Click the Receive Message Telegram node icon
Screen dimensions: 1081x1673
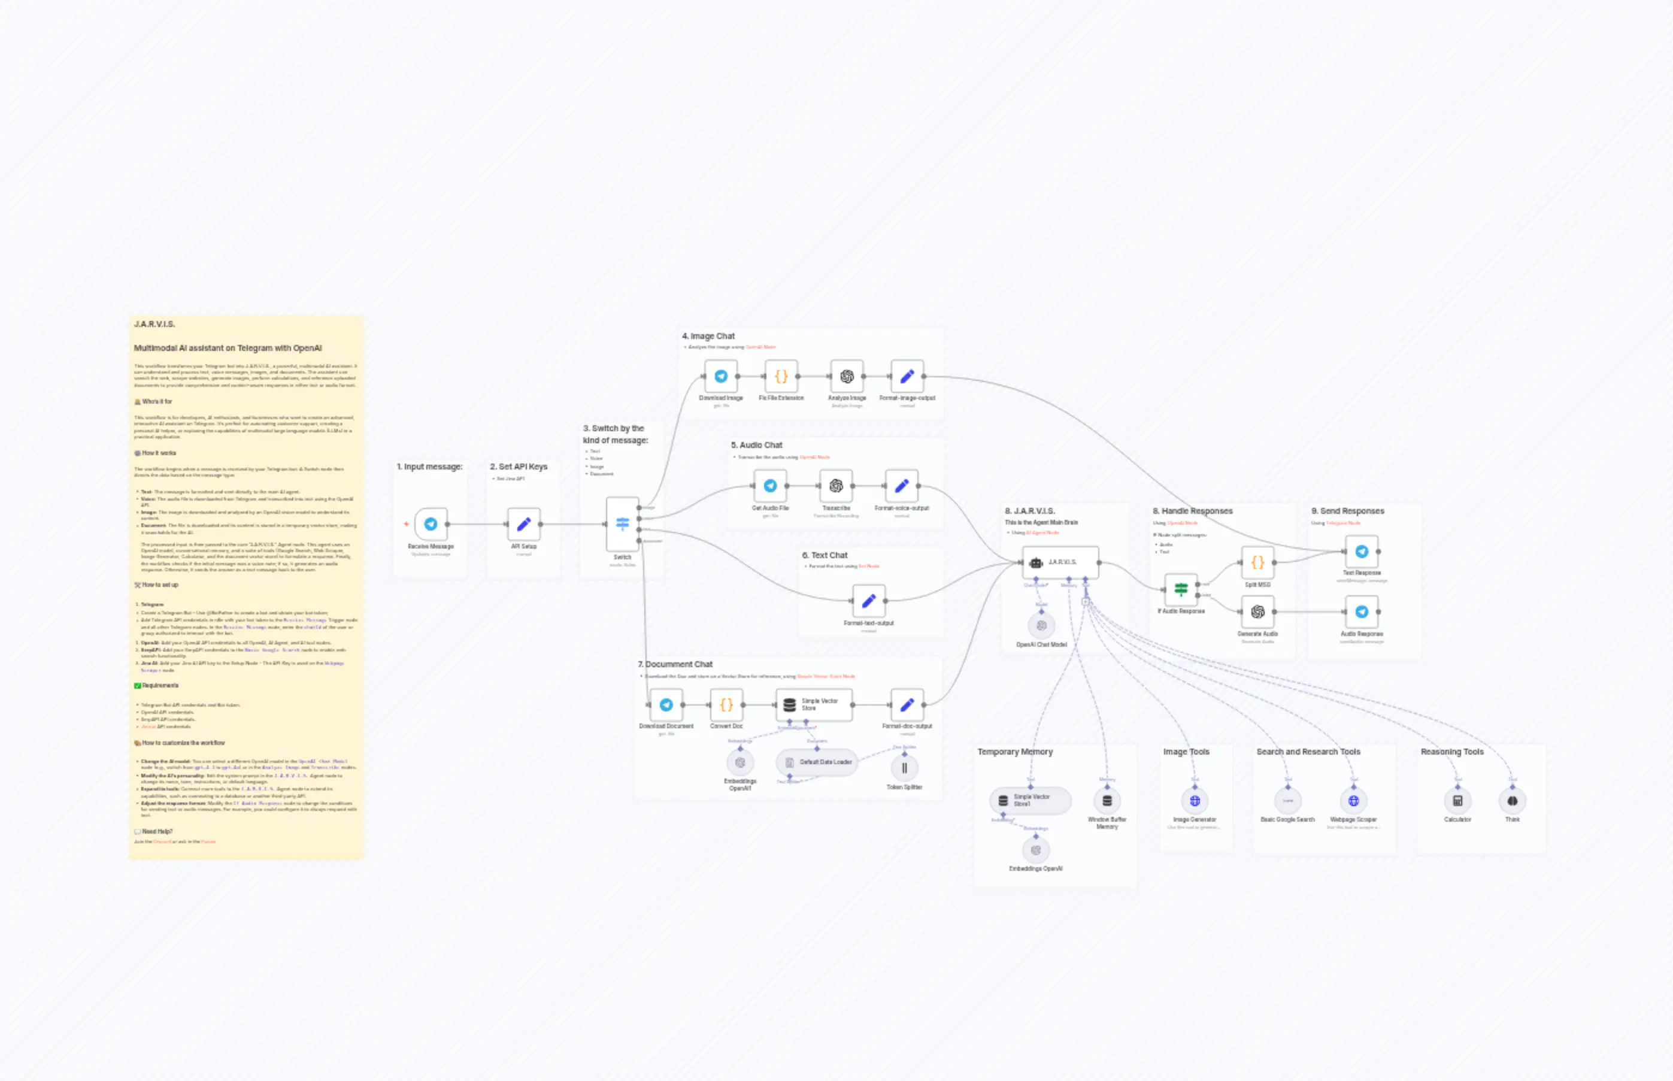431,525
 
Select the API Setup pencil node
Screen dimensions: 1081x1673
523,525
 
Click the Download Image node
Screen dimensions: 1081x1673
721,377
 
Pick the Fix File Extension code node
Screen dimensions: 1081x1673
781,377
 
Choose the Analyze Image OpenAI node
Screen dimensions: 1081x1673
847,377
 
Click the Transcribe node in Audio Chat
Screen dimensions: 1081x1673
836,486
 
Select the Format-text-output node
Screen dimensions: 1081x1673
869,601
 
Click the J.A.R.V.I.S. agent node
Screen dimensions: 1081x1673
1060,562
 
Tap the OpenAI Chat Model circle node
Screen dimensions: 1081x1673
1041,625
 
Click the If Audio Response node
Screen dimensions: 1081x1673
1181,590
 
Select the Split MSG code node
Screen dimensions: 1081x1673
1257,562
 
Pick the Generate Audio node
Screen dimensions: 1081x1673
1257,612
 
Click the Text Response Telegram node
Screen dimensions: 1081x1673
1362,552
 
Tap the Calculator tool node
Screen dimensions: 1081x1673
1457,801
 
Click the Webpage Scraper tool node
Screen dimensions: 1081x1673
1354,801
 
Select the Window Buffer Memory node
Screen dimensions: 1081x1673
1107,801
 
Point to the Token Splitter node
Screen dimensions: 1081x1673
905,768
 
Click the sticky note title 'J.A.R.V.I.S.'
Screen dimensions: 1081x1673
154,325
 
